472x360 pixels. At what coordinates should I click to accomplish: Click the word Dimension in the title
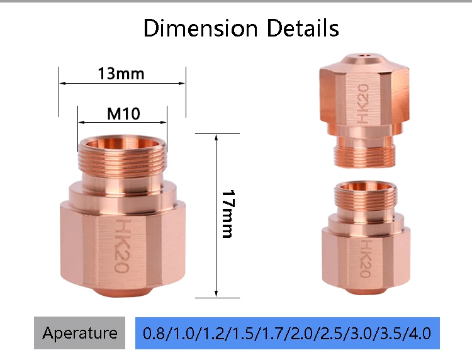tap(201, 28)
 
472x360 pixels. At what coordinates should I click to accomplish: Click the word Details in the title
tap(303, 28)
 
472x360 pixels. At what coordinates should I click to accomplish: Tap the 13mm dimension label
tap(121, 74)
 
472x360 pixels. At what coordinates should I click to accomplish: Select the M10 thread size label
tap(123, 114)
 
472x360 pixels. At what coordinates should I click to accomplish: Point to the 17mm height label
tap(228, 214)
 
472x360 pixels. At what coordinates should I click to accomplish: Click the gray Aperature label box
tap(79, 333)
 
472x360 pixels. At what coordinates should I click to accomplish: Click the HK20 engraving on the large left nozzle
tap(123, 245)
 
